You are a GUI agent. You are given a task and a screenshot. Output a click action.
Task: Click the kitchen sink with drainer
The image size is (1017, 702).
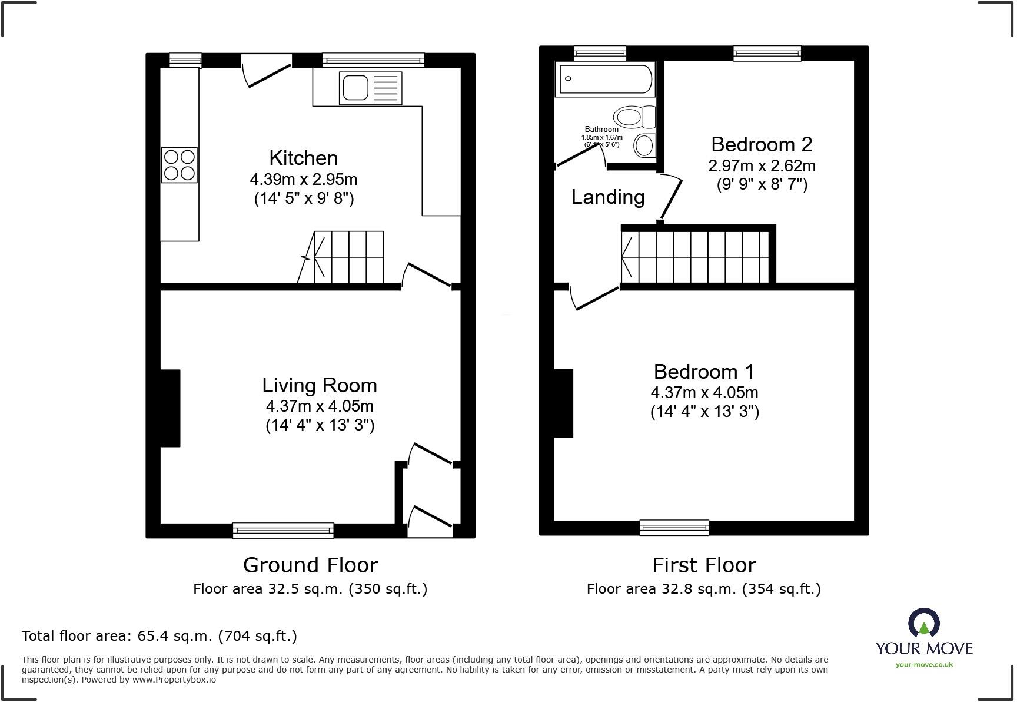coord(370,88)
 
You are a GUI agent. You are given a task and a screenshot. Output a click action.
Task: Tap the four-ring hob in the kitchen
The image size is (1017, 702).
coord(179,165)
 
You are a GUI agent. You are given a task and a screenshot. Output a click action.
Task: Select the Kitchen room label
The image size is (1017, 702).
coord(303,158)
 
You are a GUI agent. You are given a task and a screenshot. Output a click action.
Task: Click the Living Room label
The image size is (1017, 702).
coord(319,385)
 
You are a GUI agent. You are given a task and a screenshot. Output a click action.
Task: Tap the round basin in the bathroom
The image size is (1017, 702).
coord(645,145)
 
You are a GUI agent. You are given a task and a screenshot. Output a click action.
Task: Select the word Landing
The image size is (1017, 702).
coord(607,197)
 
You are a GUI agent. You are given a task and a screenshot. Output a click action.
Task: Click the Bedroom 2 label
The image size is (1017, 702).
coord(761,144)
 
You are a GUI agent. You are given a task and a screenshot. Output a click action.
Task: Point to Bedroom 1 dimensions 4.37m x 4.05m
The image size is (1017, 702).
coord(704,392)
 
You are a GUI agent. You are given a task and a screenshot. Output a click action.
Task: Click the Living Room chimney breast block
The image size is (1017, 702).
coord(170,408)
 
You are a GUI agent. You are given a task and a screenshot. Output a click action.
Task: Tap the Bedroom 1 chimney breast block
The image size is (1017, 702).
coord(563,403)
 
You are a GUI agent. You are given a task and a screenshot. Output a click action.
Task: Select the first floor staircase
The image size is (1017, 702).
coord(696,257)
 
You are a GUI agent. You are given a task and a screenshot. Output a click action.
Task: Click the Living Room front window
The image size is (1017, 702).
coord(283,530)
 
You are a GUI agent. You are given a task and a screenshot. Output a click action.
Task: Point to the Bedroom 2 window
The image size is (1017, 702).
coord(767,54)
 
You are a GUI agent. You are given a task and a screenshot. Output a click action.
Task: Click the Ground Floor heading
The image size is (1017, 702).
coord(310,565)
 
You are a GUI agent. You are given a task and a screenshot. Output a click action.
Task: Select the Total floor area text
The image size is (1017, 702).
coord(159,636)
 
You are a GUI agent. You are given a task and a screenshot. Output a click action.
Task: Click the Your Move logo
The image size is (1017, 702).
coord(923,638)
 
